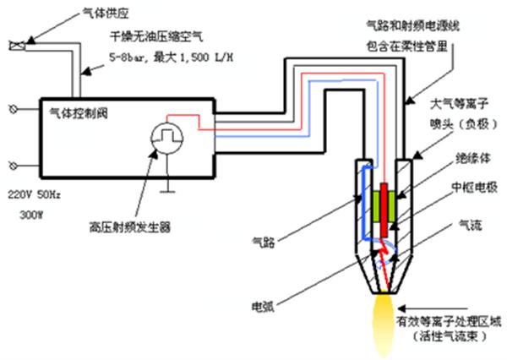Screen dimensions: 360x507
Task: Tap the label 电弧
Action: point(263,302)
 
